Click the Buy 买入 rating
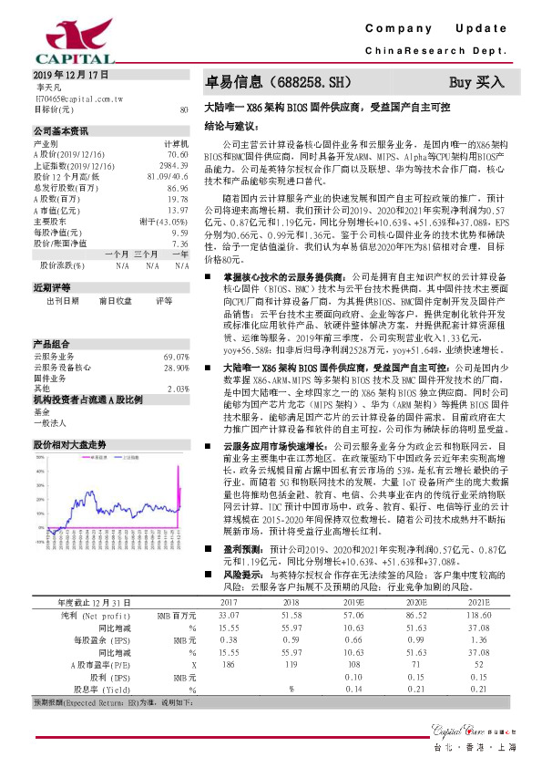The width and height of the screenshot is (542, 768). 476,81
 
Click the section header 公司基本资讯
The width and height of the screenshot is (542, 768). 62,131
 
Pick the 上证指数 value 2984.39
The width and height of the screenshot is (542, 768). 173,166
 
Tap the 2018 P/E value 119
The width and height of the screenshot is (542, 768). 290,665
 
